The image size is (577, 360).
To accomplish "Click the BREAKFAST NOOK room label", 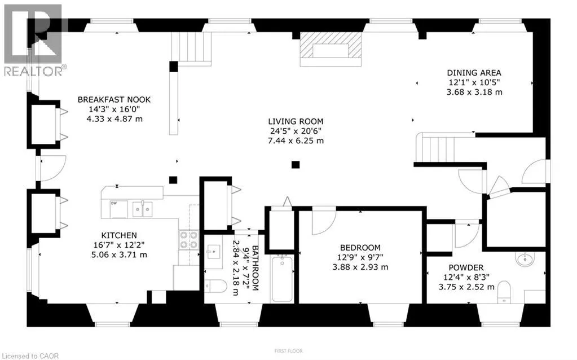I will (114, 100).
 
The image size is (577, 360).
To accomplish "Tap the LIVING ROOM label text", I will (296, 121).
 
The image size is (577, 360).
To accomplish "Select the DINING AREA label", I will (474, 72).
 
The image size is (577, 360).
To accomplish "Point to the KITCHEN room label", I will (119, 235).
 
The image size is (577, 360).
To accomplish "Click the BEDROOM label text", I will (360, 247).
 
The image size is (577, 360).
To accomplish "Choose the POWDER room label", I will (466, 267).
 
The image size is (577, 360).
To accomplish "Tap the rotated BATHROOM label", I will (255, 268).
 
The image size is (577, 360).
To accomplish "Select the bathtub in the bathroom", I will (281, 279).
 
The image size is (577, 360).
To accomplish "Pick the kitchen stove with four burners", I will (188, 240).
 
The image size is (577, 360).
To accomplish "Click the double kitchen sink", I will (142, 209).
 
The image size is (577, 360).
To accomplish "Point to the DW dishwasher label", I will (114, 204).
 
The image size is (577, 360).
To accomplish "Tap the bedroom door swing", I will (323, 220).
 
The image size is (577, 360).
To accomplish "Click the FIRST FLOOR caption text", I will (288, 351).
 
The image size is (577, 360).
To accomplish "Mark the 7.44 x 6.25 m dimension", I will (296, 141).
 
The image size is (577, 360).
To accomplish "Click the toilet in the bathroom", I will (215, 287).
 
